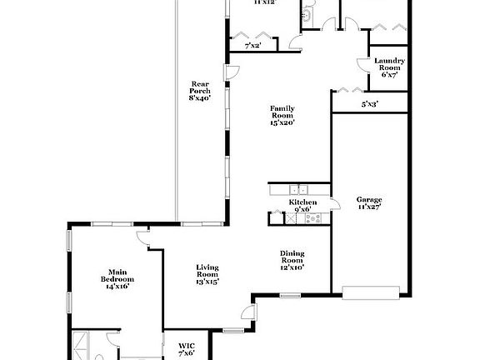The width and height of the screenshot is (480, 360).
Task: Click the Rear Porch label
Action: [199, 91]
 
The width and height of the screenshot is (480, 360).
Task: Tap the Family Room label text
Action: [283, 116]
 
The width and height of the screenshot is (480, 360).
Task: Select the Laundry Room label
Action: [389, 67]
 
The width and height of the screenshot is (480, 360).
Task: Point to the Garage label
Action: [369, 204]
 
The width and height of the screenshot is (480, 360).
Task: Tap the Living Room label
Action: [207, 274]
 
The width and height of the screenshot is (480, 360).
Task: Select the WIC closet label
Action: [187, 348]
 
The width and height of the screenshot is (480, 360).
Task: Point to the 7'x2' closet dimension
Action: [242, 45]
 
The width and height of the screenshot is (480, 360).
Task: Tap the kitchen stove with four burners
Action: [312, 218]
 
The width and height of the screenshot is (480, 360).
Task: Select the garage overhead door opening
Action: [372, 292]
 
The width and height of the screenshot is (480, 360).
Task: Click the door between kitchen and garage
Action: [333, 205]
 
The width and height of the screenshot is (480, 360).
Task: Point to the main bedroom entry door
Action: [144, 239]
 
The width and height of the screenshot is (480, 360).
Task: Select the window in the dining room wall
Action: [290, 296]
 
